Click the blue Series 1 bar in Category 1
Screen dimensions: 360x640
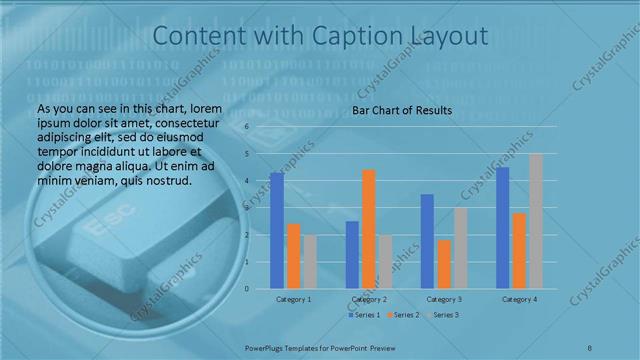coord(277,231)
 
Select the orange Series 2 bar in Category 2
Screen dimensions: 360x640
coord(369,229)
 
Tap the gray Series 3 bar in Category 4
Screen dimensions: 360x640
coord(536,221)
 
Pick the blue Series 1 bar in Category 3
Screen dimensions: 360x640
coord(427,241)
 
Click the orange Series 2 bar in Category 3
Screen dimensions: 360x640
coord(444,264)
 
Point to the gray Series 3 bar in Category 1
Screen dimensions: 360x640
coord(310,262)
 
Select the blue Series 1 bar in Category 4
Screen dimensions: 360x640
coord(502,228)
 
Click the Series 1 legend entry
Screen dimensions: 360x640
coord(364,315)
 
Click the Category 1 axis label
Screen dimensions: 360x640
coord(294,299)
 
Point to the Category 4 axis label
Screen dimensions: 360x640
coord(519,299)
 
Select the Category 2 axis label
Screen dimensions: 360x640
coord(369,299)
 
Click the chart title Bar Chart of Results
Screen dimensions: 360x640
coord(402,110)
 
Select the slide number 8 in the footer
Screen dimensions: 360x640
coord(590,347)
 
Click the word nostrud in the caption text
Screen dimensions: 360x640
coord(164,180)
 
